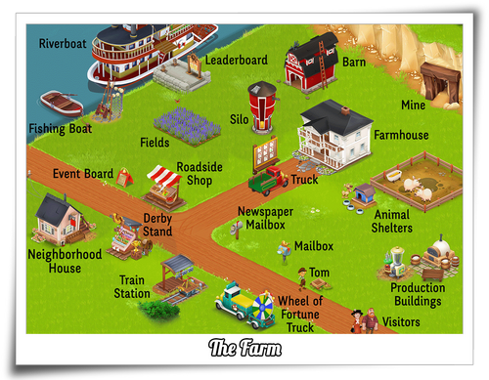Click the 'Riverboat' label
point(63,44)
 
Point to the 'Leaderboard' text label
point(236,61)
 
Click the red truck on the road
point(267,179)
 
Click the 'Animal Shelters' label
point(392,222)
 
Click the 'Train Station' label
point(132,287)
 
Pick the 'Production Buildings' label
point(418,294)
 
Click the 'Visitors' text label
point(402,322)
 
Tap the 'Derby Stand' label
point(157,226)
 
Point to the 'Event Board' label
point(83,175)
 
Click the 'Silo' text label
point(239,119)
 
